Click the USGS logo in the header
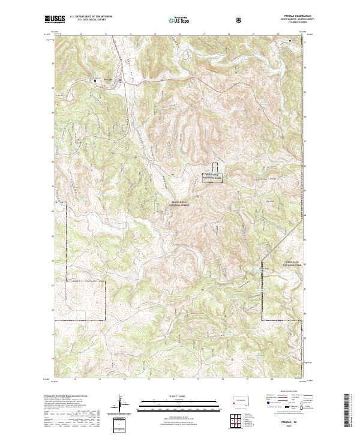[x=55, y=20]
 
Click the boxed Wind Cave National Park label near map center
[x=212, y=178]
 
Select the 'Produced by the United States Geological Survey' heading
[x=62, y=397]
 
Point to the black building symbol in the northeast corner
[x=291, y=42]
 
